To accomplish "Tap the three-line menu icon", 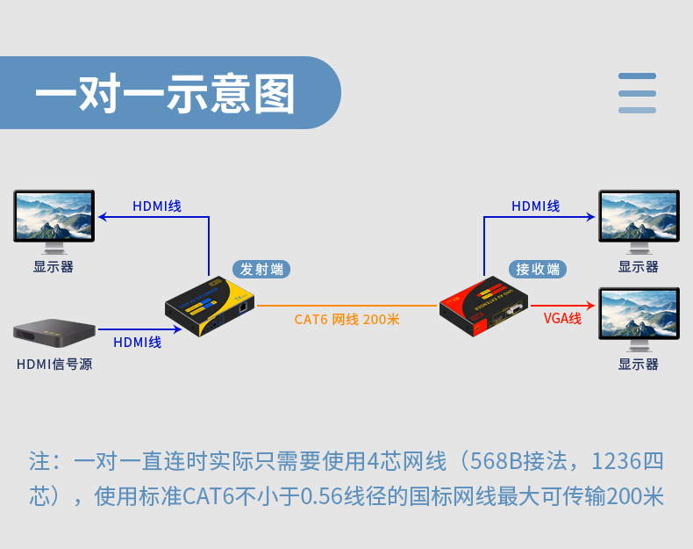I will pos(637,93).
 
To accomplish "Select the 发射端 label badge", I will pos(262,269).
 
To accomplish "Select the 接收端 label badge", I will pos(537,269).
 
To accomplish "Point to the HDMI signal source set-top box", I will pos(54,330).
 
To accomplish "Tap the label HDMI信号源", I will pos(54,364).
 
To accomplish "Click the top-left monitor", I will pos(54,218).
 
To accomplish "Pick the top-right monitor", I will pos(638,218).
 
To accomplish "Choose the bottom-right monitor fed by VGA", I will pos(638,314).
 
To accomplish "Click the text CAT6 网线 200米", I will pos(347,319).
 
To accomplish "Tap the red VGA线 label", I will pos(562,318).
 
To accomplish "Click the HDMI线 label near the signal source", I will pos(138,343).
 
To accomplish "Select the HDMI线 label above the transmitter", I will pos(157,206).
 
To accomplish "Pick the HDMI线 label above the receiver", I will pos(536,206).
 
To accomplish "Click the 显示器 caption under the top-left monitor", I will pos(54,267).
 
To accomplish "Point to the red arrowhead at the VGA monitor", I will pos(592,306).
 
